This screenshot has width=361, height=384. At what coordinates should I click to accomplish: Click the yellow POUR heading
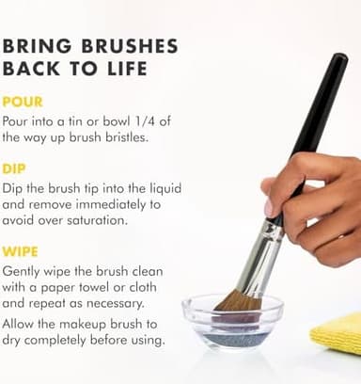pos(24,101)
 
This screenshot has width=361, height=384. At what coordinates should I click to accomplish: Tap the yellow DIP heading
pos(16,169)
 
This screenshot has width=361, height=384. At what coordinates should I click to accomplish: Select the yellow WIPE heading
pos(21,252)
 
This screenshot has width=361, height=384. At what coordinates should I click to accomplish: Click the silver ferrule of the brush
pos(262,254)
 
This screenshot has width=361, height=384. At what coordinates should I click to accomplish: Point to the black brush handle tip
pos(337,60)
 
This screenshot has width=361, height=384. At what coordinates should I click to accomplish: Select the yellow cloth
pos(337,331)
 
